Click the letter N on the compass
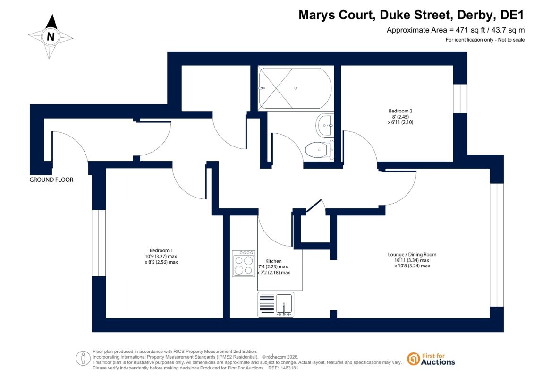pos(51,36)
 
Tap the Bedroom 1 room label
pos(161,250)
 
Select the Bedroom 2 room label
pos(400,111)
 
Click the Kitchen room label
pos(273,261)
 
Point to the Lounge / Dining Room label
pos(412,254)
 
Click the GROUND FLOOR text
pos(51,180)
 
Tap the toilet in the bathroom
pos(320,150)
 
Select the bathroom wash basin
pos(324,125)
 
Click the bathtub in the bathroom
pos(295,88)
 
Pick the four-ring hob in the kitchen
pos(244,264)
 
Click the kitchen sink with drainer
pos(276,304)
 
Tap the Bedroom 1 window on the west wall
pos(99,243)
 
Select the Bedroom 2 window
pos(460,98)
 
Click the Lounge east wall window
pos(497,245)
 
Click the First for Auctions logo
pos(431,359)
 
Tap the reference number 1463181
pos(288,368)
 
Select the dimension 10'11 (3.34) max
pos(412,260)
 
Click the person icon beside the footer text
pos(83,359)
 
